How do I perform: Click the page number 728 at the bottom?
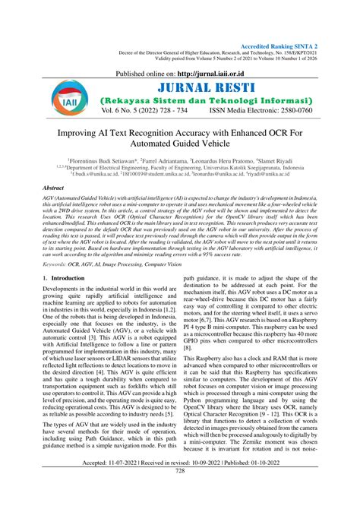180,492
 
